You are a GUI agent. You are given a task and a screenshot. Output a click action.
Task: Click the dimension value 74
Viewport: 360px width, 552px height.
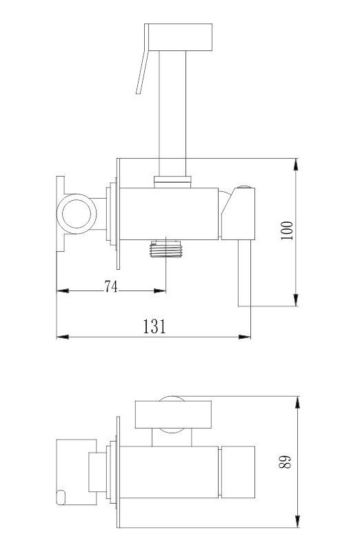(x=111, y=286)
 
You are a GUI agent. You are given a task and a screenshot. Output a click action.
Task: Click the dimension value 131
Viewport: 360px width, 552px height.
(x=154, y=326)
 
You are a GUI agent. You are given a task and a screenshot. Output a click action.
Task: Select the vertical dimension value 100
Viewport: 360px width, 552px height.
(x=287, y=230)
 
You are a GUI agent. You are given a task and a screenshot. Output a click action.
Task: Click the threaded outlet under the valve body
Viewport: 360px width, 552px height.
(x=166, y=249)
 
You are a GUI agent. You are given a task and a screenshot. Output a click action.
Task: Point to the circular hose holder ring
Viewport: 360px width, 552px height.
(x=77, y=214)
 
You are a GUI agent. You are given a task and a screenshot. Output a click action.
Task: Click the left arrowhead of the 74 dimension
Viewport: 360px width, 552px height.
(x=62, y=290)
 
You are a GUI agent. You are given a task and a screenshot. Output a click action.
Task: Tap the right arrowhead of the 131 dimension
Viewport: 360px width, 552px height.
(x=245, y=337)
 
